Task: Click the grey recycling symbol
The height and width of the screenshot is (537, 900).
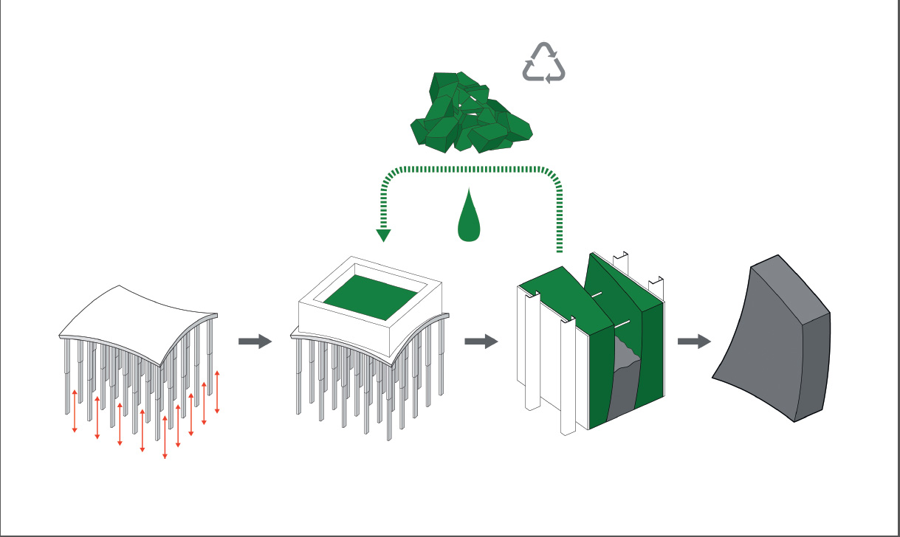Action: pos(544,62)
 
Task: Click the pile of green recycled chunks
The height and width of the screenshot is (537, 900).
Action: pos(470,114)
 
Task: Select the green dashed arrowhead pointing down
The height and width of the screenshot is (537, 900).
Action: pos(383,235)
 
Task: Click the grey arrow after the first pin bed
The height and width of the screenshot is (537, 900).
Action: pos(255,342)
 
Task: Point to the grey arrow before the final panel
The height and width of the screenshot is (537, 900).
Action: pos(694,342)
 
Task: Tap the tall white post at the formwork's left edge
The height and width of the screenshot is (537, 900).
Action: pos(529,354)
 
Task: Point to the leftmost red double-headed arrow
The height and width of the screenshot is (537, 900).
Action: pos(75,410)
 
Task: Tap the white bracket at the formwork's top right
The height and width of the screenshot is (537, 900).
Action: pos(656,286)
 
